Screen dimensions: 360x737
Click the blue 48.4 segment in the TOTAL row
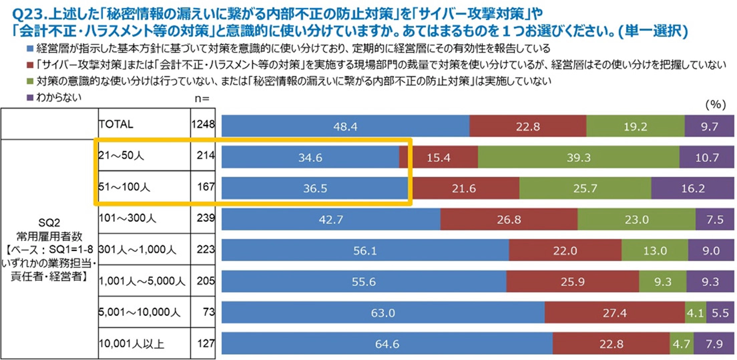(344, 126)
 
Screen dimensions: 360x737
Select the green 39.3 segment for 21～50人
(578, 158)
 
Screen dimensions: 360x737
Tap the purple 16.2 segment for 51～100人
(692, 189)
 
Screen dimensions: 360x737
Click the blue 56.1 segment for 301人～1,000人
(364, 251)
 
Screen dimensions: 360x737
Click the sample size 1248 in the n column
(203, 124)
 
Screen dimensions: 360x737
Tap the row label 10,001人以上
(130, 344)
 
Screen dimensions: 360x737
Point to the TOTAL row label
(117, 124)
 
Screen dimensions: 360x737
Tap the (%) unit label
(714, 105)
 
